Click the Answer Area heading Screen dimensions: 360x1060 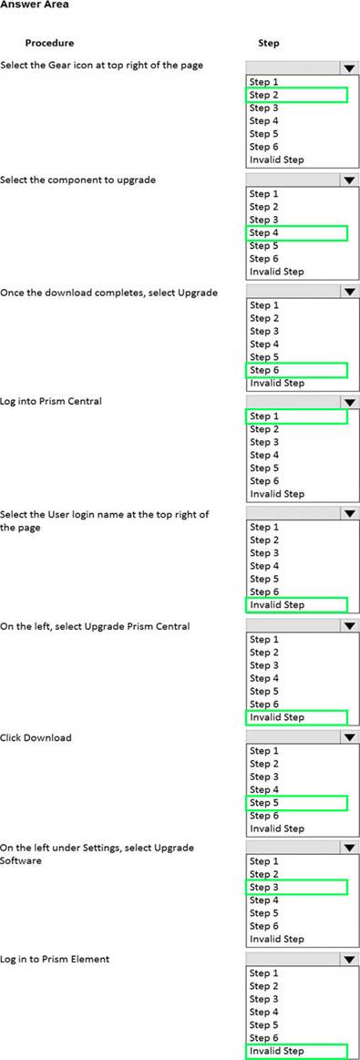[35, 5]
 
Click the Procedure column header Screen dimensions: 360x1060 [49, 43]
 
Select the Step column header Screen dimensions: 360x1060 [269, 43]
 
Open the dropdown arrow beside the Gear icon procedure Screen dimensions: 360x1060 [348, 68]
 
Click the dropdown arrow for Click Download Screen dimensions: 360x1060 [348, 737]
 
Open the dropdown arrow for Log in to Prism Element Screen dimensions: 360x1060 [348, 959]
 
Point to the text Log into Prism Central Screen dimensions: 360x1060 [51, 401]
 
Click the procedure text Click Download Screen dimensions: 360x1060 [36, 737]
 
